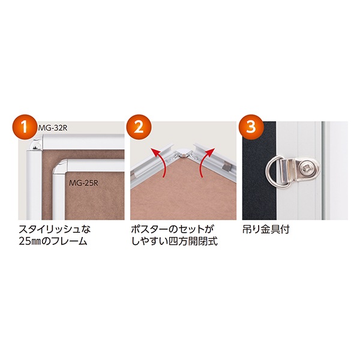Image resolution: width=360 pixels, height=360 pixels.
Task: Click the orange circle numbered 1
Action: (x=24, y=127)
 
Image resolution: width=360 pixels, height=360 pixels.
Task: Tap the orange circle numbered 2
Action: (x=138, y=127)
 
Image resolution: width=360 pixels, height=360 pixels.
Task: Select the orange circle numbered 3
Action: (x=251, y=127)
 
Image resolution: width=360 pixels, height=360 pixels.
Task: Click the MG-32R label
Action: (x=53, y=128)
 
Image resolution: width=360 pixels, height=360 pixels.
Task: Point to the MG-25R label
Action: (x=83, y=183)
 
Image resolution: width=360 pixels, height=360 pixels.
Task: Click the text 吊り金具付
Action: (x=266, y=229)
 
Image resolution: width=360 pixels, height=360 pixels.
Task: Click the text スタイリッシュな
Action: (x=55, y=229)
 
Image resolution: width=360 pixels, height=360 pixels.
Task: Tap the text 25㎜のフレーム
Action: (x=53, y=241)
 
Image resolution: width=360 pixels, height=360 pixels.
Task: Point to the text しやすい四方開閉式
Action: (x=174, y=241)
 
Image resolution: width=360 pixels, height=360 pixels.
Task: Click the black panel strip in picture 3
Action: (x=259, y=170)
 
